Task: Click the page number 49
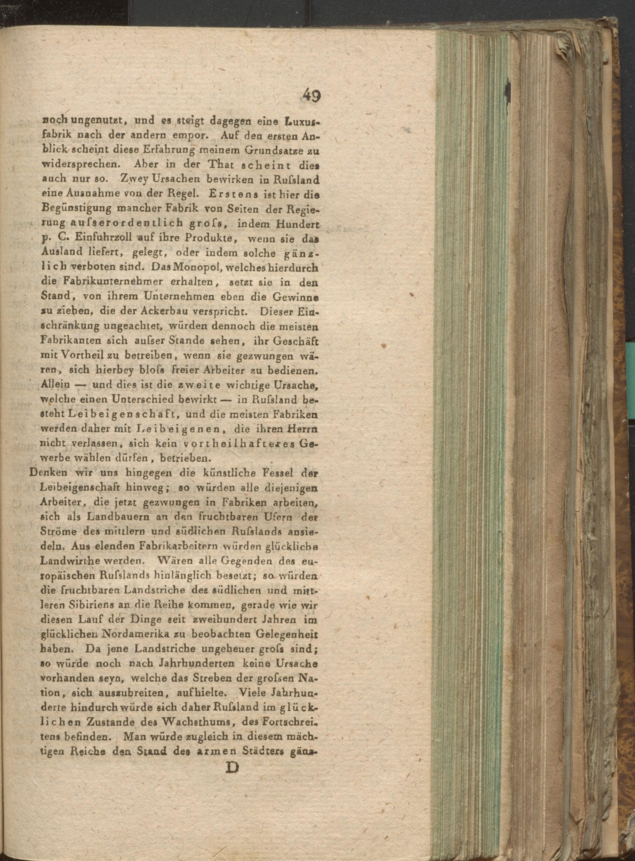point(311,95)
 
